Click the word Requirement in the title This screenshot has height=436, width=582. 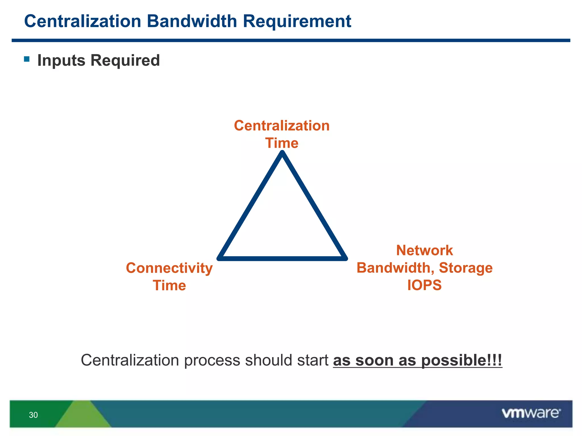(297, 21)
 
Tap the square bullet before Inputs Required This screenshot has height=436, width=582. (27, 59)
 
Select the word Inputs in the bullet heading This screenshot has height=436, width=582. (61, 60)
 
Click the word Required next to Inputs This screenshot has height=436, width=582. (125, 60)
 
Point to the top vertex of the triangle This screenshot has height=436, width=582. (282, 153)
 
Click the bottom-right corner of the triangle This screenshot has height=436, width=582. (345, 258)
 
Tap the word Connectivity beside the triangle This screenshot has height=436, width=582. (169, 268)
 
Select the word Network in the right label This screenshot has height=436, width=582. (424, 250)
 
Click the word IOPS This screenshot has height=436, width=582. (424, 285)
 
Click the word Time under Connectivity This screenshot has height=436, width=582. (169, 285)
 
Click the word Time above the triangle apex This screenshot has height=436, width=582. (282, 143)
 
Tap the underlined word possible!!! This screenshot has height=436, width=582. (462, 360)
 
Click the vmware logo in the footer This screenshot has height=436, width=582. (531, 413)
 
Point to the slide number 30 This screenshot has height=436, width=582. (33, 415)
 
